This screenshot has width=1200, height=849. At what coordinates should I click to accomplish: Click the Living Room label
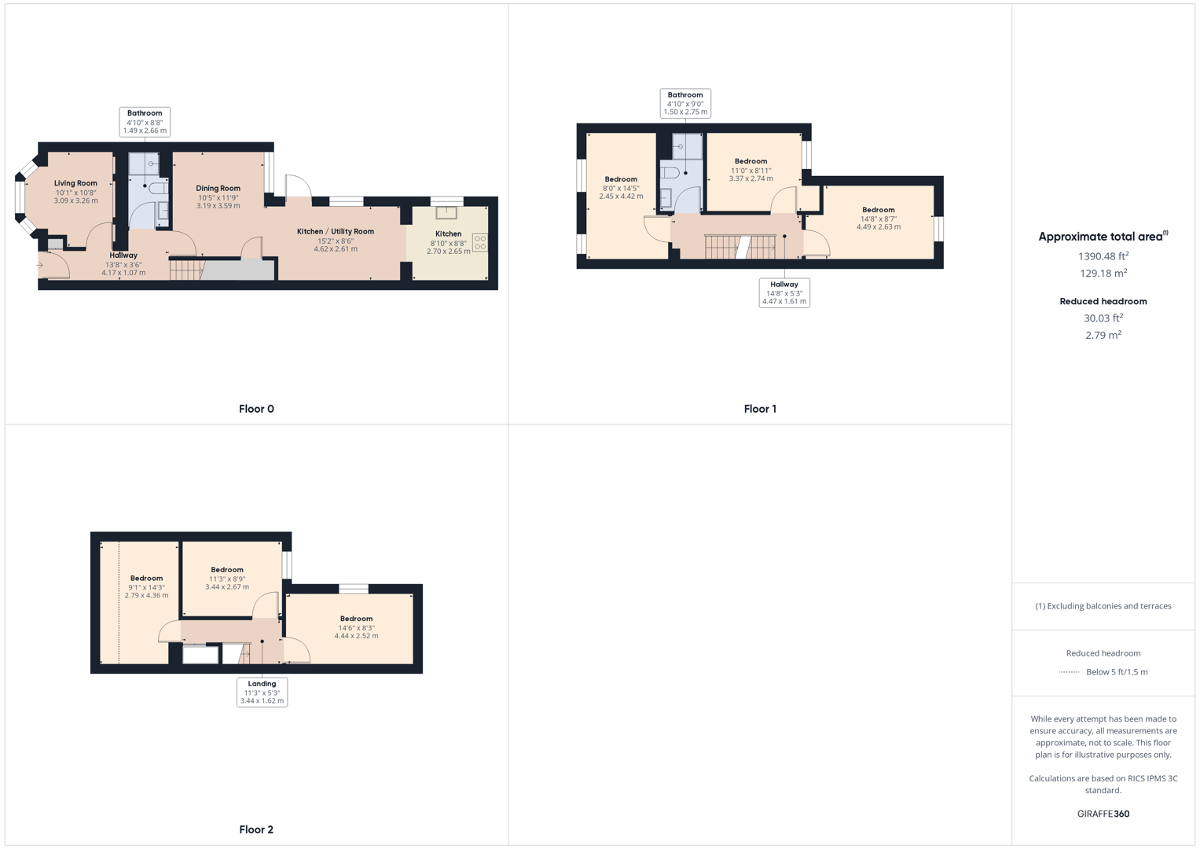tap(76, 183)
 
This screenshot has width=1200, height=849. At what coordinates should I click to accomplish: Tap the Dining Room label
tap(218, 188)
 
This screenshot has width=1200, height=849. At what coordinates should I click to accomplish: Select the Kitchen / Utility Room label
tap(336, 231)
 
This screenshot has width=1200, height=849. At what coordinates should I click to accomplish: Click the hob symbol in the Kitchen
tap(479, 243)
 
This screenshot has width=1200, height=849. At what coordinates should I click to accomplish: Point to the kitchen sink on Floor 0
tap(446, 212)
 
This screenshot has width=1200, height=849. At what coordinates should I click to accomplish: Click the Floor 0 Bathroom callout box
tap(145, 122)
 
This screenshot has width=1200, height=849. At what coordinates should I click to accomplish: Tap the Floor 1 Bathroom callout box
tap(685, 104)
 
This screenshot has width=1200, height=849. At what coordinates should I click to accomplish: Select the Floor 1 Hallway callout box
tap(784, 292)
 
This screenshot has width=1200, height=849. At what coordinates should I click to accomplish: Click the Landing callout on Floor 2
tap(262, 692)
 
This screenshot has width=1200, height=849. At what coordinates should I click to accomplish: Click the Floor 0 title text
tap(256, 409)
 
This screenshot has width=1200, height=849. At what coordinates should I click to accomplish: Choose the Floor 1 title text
tap(760, 409)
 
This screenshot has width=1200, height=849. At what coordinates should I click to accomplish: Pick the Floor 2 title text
tap(256, 829)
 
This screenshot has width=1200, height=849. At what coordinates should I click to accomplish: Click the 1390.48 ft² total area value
tap(1103, 256)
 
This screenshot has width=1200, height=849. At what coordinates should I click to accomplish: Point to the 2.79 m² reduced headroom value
tap(1103, 335)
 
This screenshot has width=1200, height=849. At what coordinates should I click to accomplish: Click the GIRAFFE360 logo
tap(1103, 814)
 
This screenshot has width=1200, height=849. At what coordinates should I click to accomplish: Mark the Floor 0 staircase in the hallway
tap(185, 270)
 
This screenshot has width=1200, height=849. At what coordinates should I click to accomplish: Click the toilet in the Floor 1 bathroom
tap(670, 172)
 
